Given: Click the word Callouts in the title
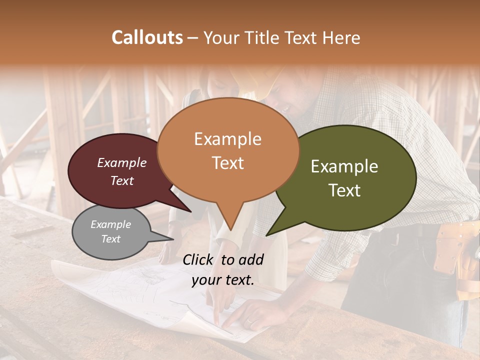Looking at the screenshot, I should tap(147, 37).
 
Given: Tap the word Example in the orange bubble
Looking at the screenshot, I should tap(227, 139).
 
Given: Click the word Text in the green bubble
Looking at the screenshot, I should tap(345, 190).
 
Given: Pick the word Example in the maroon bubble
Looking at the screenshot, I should tap(121, 162).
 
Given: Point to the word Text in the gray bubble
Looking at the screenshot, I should tap(110, 239).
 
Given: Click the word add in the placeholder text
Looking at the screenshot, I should tap(251, 259).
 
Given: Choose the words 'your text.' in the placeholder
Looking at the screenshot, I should tap(222, 280).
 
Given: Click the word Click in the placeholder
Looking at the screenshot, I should tap(198, 259).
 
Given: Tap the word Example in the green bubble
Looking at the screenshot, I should tap(344, 166).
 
